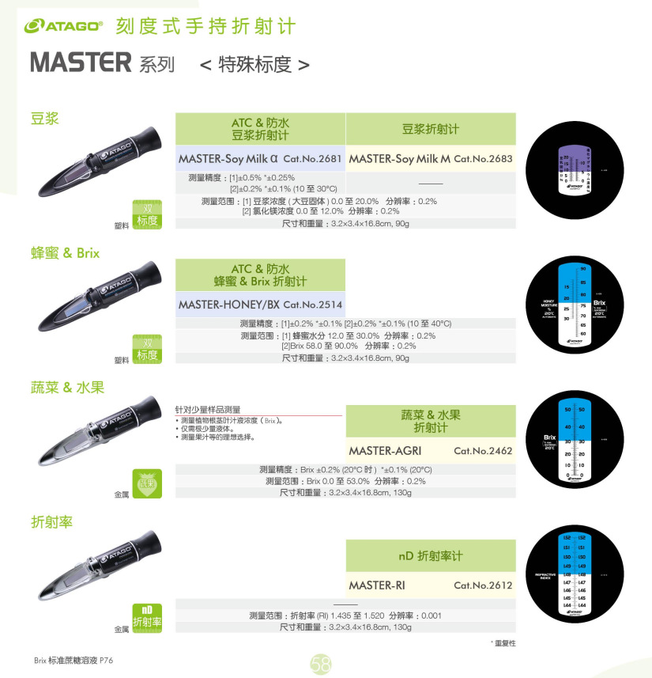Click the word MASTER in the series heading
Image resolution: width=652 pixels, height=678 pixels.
(80, 62)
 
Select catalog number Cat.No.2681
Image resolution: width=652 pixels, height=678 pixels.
(312, 159)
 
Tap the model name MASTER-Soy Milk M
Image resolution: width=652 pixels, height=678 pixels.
(399, 159)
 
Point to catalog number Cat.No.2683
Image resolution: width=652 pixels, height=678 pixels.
(483, 159)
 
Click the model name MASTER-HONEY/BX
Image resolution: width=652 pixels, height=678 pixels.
(228, 305)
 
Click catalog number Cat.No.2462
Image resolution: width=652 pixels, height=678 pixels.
(483, 451)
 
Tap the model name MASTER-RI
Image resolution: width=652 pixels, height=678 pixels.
(371, 585)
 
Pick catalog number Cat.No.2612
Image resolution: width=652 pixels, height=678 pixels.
(483, 585)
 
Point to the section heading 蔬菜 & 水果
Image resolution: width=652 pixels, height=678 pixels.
(67, 388)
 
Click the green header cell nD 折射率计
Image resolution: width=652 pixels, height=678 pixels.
(430, 556)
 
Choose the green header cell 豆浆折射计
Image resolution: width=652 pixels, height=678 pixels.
(430, 129)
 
